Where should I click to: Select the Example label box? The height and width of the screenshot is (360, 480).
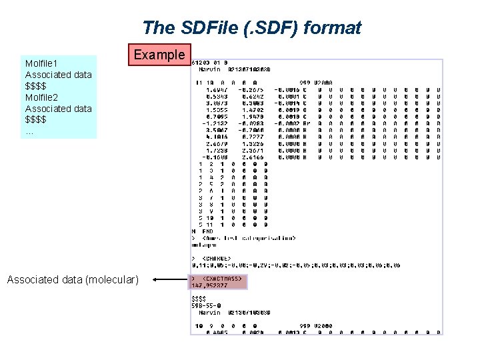point(159,55)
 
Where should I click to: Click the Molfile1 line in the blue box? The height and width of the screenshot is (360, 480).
point(42,63)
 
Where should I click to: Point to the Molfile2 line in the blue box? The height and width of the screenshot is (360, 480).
point(42,97)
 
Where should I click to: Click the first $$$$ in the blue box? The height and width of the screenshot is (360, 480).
point(36,86)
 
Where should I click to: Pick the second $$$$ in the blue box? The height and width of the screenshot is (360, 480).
point(36,119)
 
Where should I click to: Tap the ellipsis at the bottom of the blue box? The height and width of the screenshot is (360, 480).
point(29,131)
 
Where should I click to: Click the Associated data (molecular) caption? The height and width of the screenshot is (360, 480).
point(73,279)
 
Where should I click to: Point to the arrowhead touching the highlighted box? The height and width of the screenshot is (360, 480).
point(156,280)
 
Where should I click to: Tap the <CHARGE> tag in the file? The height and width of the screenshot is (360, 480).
point(216,258)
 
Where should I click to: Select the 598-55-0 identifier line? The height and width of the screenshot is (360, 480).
point(207,306)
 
